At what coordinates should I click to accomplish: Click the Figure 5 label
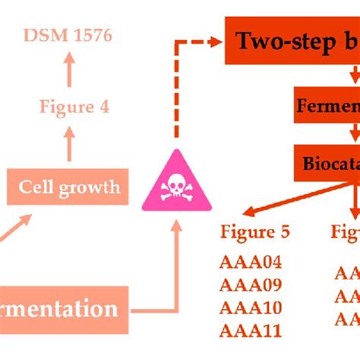pyautogui.click(x=254, y=231)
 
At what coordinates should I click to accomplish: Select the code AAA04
pyautogui.click(x=250, y=263)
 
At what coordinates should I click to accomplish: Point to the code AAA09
pyautogui.click(x=250, y=286)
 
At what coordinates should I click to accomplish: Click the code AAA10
pyautogui.click(x=250, y=308)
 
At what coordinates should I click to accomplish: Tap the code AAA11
pyautogui.click(x=250, y=330)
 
